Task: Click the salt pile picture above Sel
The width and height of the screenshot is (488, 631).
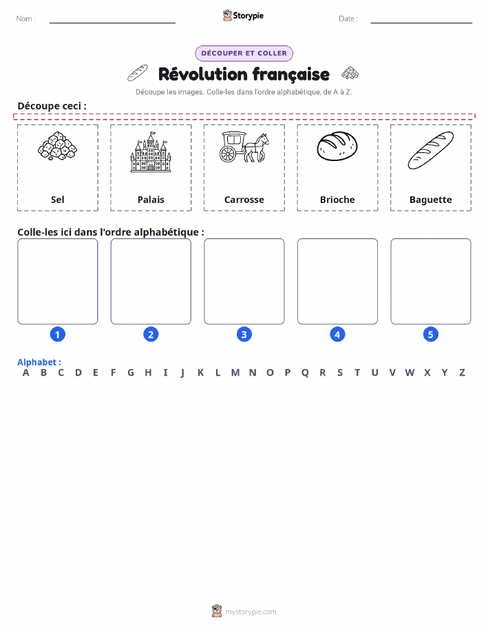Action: coord(58,146)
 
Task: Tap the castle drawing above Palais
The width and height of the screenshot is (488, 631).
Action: coord(151,151)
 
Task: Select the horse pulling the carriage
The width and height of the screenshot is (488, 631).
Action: coord(257,148)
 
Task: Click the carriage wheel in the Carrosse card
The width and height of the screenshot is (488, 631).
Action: coord(228,153)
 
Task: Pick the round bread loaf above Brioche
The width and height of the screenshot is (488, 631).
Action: coord(337,146)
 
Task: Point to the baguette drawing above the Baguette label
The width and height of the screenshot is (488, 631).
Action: coord(430,150)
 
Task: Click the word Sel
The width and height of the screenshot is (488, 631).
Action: coord(58,200)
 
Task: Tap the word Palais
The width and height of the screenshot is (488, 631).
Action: coord(151,200)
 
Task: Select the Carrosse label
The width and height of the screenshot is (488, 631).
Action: coord(244,200)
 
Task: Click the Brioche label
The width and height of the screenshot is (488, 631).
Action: coord(337,200)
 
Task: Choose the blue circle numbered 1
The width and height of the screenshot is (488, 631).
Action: coord(58,334)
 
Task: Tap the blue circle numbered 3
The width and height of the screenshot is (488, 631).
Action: coord(244,334)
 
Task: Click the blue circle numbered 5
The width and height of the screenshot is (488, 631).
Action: coord(430,334)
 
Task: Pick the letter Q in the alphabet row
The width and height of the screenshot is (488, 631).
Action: coord(305,373)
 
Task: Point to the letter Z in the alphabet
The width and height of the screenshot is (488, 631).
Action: coord(463,373)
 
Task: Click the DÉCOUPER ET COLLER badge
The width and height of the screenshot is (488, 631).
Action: coord(244,53)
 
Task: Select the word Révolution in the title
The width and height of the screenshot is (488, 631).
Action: coord(203,74)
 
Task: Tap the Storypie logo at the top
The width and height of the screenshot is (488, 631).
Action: coord(243,16)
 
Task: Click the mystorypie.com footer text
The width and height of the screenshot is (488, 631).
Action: coord(251,612)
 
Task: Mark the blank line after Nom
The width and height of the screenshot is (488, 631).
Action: coord(112,23)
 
